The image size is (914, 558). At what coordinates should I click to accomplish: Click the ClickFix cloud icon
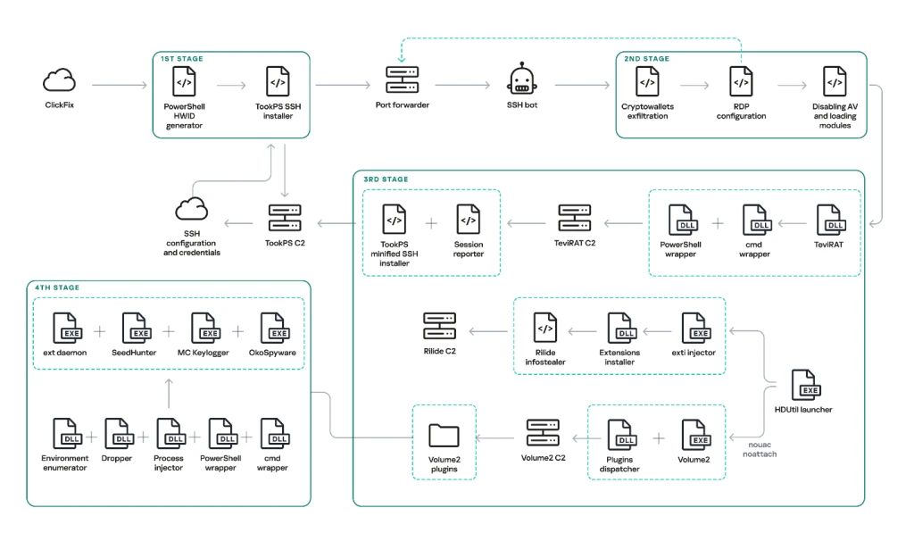point(60,80)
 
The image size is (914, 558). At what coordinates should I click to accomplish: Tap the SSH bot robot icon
point(521,79)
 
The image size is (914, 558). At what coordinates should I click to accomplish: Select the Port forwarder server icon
point(403,79)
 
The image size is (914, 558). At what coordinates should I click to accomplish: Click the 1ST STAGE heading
point(182,59)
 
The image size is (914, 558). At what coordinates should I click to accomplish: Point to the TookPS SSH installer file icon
point(278,81)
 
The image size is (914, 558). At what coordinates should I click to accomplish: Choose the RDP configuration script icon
point(741,81)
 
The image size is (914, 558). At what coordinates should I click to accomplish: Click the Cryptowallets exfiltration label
point(648,112)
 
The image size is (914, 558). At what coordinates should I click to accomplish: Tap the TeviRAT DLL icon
point(831,220)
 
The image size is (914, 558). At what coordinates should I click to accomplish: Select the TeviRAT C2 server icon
point(574,218)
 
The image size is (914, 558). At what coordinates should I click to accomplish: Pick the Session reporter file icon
point(468,220)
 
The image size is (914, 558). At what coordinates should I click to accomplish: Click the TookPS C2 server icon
point(285,218)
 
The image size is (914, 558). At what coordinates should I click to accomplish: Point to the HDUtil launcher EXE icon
point(806,385)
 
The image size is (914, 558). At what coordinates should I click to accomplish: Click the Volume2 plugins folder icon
point(444,435)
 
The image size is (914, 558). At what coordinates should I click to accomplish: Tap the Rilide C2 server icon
point(439,327)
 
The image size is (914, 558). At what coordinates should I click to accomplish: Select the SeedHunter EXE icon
point(137,329)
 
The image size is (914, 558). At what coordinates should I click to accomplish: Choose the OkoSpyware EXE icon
point(276,329)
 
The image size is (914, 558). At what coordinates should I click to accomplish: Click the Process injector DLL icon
point(171,434)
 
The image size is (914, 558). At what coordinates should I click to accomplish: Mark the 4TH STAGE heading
point(57,287)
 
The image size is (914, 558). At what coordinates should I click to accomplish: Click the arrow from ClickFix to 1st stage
point(120,85)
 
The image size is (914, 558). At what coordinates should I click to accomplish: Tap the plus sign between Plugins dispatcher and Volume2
point(658,437)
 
